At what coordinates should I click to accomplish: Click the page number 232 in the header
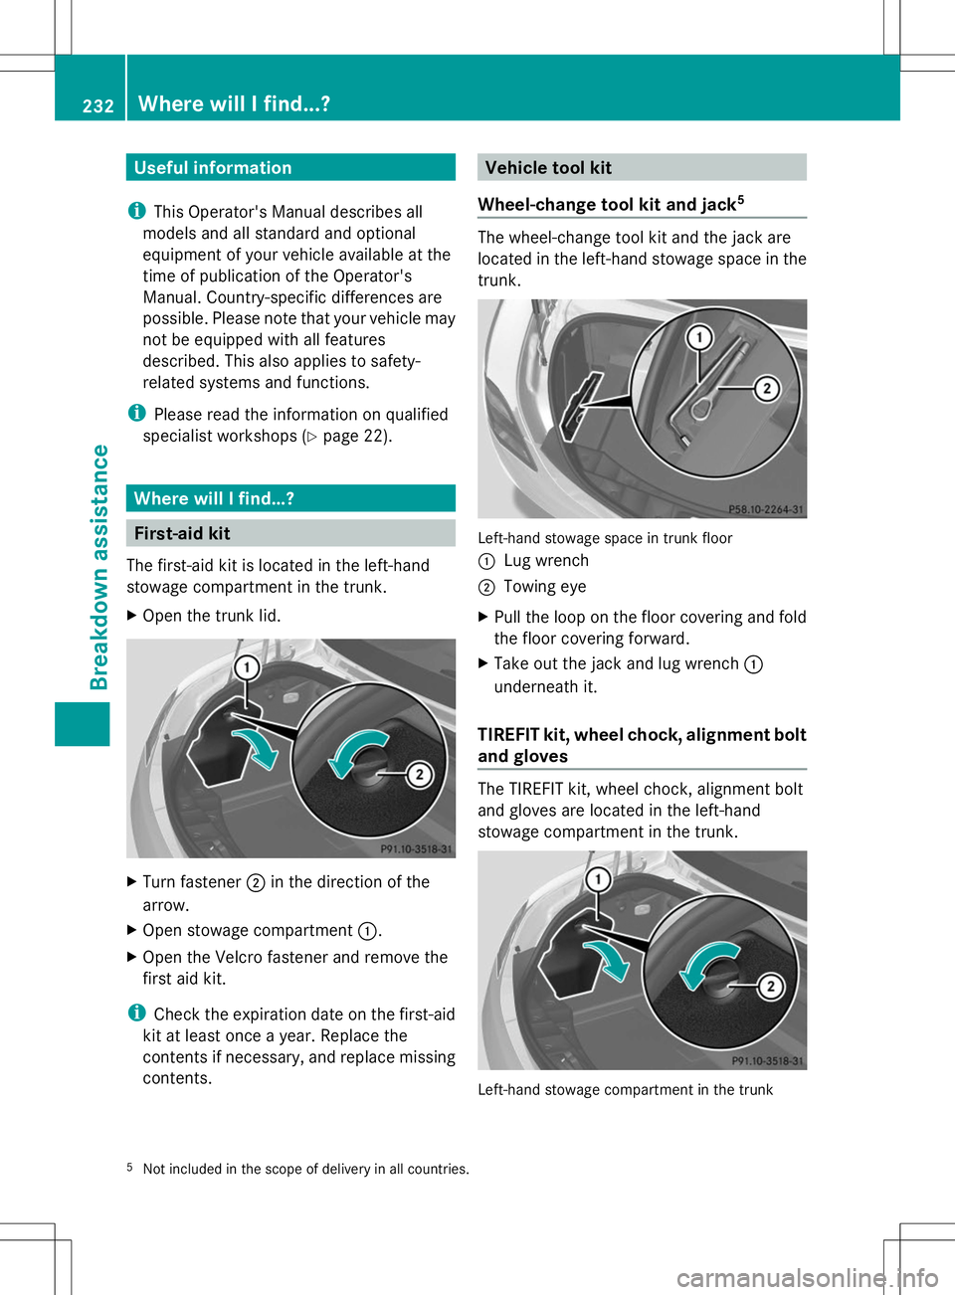click(97, 105)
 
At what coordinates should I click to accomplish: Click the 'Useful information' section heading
click(213, 168)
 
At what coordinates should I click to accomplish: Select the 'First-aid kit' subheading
click(182, 534)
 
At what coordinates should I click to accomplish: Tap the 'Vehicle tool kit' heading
click(548, 168)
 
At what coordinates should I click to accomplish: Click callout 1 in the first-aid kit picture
click(247, 667)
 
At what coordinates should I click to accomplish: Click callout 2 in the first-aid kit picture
click(419, 774)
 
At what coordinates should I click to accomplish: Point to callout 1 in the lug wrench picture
click(699, 338)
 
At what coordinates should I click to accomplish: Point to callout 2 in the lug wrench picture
click(766, 388)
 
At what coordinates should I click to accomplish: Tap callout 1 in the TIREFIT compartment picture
click(598, 879)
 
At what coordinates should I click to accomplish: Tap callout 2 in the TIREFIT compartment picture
click(770, 986)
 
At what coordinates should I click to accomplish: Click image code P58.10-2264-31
click(765, 509)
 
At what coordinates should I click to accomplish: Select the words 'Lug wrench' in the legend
click(546, 561)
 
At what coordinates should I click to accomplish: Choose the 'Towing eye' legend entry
click(544, 587)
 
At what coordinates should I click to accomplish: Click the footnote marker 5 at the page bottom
click(129, 1167)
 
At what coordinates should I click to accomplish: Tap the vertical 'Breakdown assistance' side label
click(99, 567)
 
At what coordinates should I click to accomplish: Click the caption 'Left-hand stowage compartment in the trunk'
click(625, 1090)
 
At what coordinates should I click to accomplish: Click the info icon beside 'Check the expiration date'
click(136, 1013)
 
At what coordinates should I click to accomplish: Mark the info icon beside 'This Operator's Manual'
click(136, 211)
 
